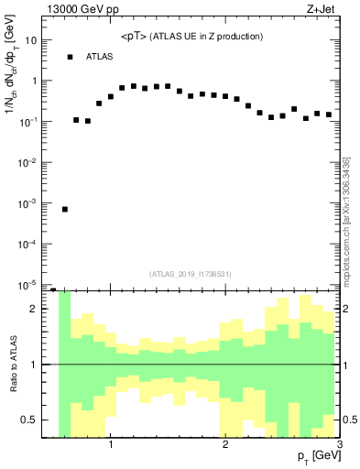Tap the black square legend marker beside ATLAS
click(x=70, y=57)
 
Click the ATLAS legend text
click(x=100, y=57)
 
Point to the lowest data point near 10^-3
click(x=65, y=209)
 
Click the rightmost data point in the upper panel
click(x=329, y=115)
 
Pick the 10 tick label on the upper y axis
click(x=31, y=40)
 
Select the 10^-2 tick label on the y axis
click(x=28, y=162)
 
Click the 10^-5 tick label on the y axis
click(x=28, y=285)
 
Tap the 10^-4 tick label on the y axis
click(x=28, y=244)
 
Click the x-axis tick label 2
click(x=225, y=446)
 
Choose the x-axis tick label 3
click(x=340, y=446)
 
